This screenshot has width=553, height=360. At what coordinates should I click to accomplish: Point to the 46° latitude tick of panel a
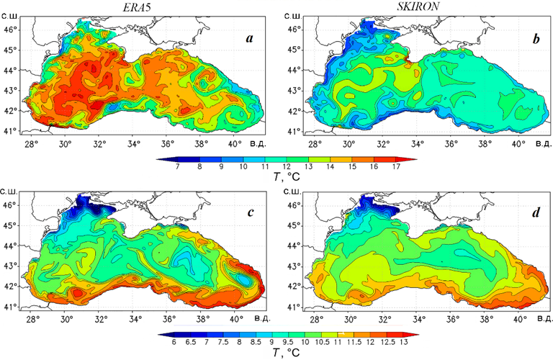[x=11, y=30]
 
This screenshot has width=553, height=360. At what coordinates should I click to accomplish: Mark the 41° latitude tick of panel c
[x=11, y=307]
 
